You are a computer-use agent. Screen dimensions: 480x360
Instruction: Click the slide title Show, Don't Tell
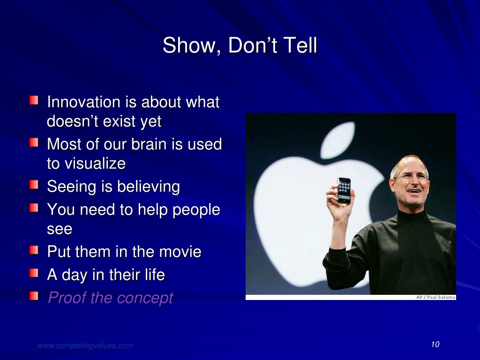coord(240,45)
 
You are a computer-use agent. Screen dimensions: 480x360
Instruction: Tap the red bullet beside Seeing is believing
coord(34,185)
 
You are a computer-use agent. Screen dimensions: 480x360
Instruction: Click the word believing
coord(149,187)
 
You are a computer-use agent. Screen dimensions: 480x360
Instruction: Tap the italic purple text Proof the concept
coord(110,298)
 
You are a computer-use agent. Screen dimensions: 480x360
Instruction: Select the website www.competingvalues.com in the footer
coord(85,345)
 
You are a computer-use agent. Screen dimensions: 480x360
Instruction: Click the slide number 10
coord(435,345)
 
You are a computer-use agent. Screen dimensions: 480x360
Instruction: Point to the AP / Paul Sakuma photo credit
coord(435,297)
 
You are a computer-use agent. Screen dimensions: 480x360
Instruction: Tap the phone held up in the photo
coord(344,191)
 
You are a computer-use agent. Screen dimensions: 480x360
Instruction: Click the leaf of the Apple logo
coord(337,140)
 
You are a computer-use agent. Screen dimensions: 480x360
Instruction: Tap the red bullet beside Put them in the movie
coord(34,250)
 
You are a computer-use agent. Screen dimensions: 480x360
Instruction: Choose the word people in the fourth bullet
coord(196,210)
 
